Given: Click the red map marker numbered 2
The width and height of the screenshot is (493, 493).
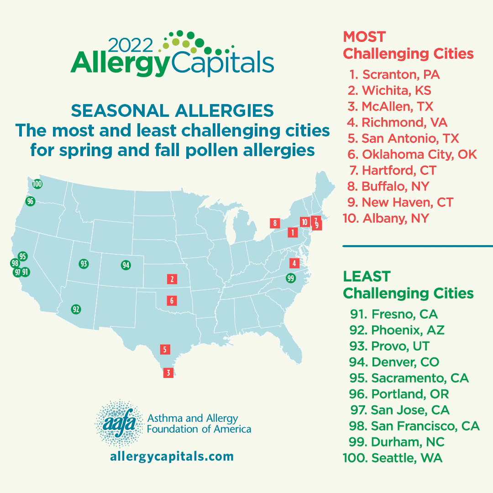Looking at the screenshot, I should [x=172, y=279].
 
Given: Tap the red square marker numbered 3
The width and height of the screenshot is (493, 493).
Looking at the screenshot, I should [x=168, y=373].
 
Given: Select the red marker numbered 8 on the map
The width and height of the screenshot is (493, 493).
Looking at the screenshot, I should [x=274, y=223].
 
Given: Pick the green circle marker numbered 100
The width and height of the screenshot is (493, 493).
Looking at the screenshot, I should [x=37, y=184].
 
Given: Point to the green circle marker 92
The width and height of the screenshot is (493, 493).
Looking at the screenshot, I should [x=76, y=309].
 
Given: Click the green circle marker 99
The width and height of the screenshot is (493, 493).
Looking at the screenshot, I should [x=290, y=278].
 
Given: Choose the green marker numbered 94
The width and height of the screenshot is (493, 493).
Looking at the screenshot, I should [x=126, y=265].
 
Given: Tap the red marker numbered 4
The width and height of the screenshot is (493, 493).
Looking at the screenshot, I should [x=294, y=263].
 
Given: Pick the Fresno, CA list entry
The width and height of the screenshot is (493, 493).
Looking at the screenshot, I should [x=392, y=314].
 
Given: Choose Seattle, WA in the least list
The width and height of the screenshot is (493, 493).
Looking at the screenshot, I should [x=393, y=458].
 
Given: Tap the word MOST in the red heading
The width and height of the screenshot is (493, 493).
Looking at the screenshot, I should [x=364, y=37].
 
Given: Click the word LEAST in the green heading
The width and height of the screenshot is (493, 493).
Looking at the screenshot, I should [x=367, y=276].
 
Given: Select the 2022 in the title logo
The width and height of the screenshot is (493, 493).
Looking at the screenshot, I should [x=130, y=46].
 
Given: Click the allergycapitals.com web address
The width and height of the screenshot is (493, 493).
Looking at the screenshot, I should [x=172, y=456].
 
